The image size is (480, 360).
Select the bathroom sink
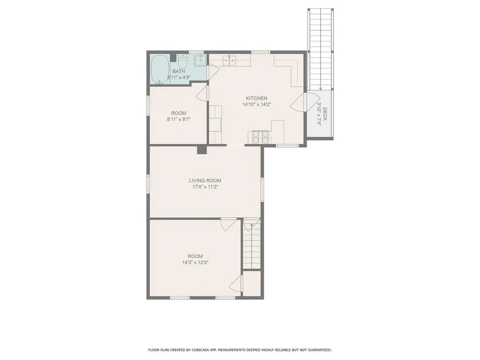click(x=200, y=60)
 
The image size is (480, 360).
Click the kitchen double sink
click(x=230, y=60)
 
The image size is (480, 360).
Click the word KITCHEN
click(x=256, y=98)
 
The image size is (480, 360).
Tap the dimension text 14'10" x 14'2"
click(x=256, y=105)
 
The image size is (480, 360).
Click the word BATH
click(x=179, y=72)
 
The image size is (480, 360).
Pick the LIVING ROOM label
click(x=205, y=180)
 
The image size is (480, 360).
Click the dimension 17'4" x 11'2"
click(x=205, y=187)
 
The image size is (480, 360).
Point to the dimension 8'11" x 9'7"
click(x=179, y=120)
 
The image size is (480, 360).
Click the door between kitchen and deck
click(x=298, y=102)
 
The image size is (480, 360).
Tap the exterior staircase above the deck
click(x=320, y=49)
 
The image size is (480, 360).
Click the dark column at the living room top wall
click(x=202, y=150)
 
